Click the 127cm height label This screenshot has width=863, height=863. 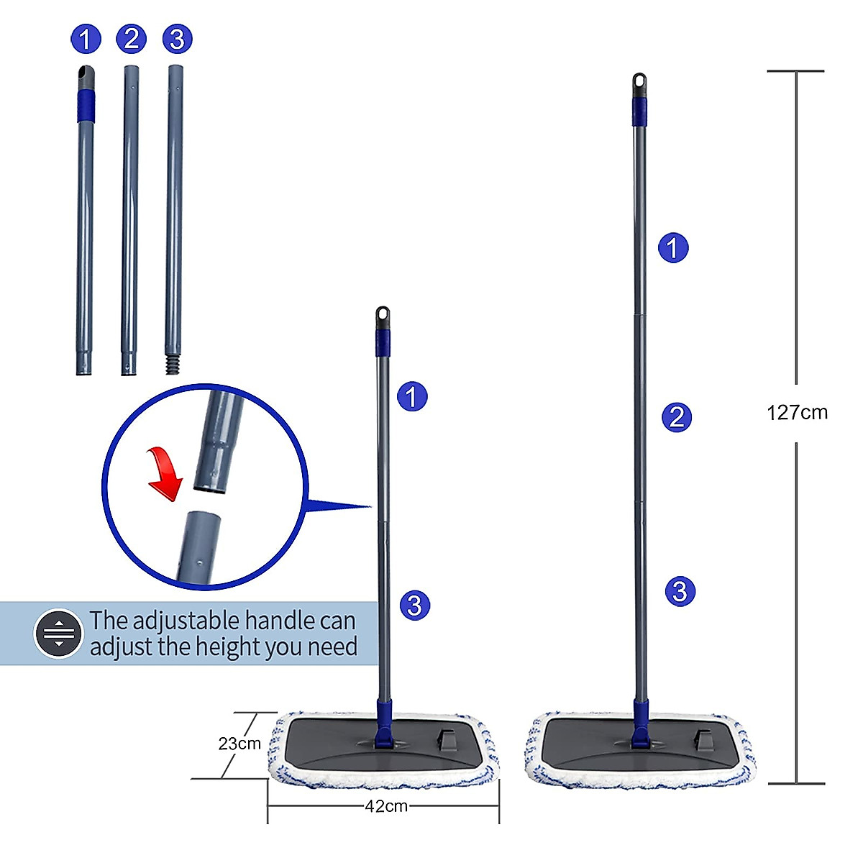tap(797, 413)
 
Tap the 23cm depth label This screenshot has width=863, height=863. tap(239, 744)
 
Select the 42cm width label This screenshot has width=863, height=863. tap(386, 806)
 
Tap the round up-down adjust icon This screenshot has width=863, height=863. tap(59, 634)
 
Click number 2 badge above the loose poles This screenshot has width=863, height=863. tap(130, 38)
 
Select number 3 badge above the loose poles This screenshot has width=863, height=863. tap(177, 38)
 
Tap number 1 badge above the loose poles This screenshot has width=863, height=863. tap(86, 38)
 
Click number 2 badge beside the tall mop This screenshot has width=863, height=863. tap(676, 417)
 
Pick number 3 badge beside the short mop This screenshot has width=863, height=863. tap(414, 605)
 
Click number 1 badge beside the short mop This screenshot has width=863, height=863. tap(412, 396)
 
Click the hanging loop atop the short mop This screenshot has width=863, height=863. tap(383, 315)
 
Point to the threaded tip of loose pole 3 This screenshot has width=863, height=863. tap(173, 364)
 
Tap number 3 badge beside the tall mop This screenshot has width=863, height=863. tap(680, 591)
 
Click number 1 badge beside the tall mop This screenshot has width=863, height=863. tap(673, 248)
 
